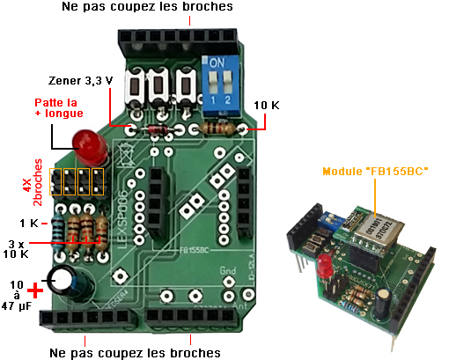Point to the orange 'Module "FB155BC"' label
(374, 171)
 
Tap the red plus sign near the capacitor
(35, 290)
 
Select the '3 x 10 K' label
(17, 248)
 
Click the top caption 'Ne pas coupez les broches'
(147, 8)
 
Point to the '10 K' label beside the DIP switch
(267, 105)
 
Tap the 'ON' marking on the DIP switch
(216, 64)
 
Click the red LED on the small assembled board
(324, 265)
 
